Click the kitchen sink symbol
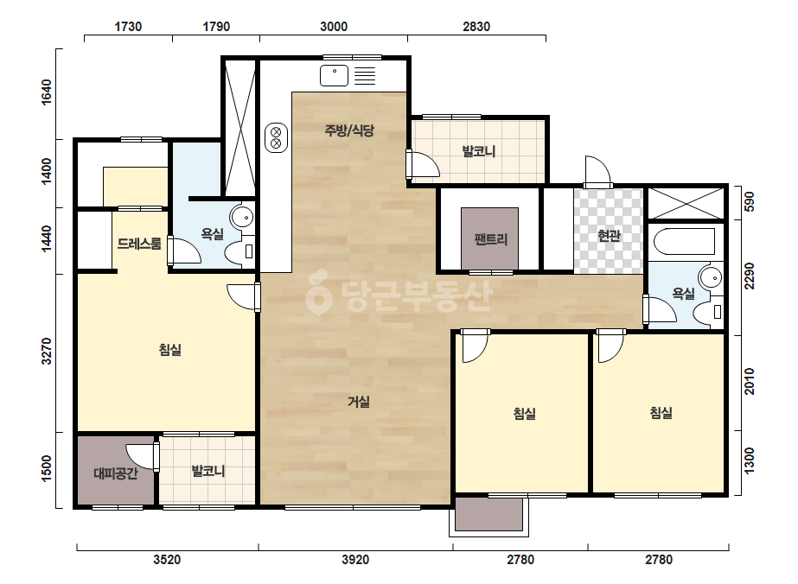(x=335, y=76)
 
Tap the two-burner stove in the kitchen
(x=276, y=137)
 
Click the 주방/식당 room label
(x=349, y=130)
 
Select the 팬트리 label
(x=490, y=238)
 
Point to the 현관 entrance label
(x=609, y=236)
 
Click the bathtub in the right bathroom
(x=684, y=242)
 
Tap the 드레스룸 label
(x=139, y=244)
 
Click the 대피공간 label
(x=116, y=473)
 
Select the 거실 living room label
(x=358, y=402)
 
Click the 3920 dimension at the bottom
(x=354, y=560)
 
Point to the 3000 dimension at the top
(x=334, y=27)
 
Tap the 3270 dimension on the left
(x=47, y=351)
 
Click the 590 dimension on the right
(x=749, y=202)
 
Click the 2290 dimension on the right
(x=749, y=276)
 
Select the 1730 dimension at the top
(x=128, y=27)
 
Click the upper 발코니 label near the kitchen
(x=478, y=151)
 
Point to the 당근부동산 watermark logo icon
(x=318, y=293)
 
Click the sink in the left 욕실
(x=242, y=217)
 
